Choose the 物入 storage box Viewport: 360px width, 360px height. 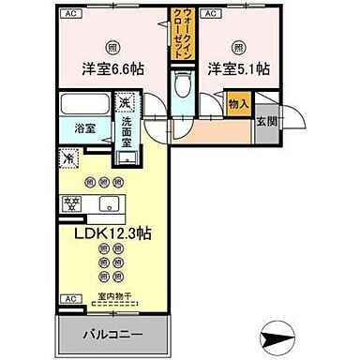(239, 104)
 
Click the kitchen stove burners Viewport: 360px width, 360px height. (71, 202)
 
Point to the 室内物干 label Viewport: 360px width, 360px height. (115, 297)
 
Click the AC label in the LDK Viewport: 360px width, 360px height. (68, 299)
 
